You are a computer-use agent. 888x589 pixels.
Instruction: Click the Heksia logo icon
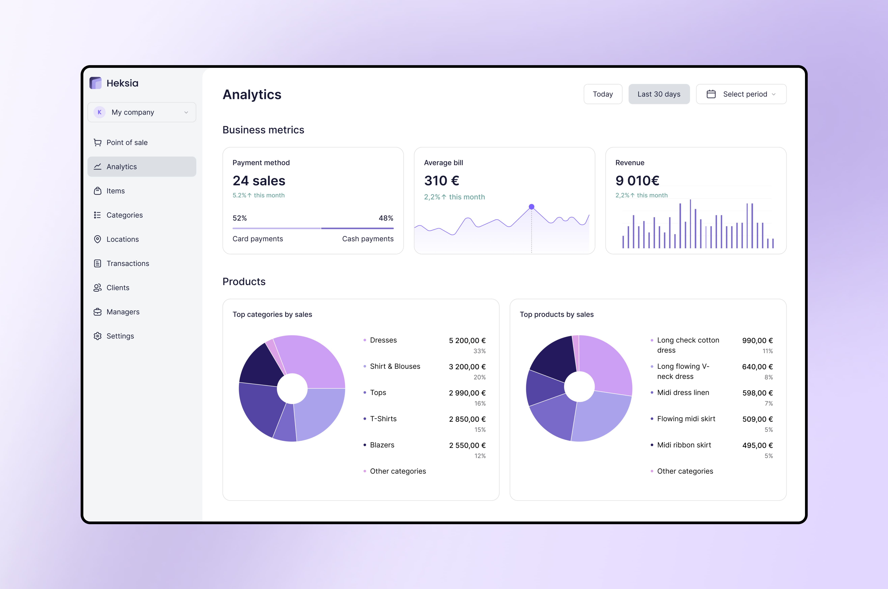[x=95, y=83]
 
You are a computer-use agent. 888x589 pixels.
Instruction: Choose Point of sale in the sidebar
[x=127, y=142]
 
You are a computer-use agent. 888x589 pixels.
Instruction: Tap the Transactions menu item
[x=128, y=263]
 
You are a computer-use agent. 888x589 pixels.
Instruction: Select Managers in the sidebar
[x=123, y=312]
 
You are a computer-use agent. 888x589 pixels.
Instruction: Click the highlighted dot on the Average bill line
[x=531, y=207]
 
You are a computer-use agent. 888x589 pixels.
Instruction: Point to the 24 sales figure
[x=259, y=181]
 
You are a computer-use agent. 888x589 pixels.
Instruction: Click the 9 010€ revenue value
[x=637, y=181]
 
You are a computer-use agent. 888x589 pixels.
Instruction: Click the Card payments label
[x=258, y=239]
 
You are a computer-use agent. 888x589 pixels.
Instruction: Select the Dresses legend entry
[x=383, y=340]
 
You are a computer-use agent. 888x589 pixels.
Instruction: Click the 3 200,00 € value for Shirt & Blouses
[x=467, y=367]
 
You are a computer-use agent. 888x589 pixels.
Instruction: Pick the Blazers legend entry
[x=382, y=445]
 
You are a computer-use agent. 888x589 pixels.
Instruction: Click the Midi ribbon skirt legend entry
[x=684, y=445]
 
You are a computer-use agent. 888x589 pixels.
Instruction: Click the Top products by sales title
[x=557, y=314]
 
